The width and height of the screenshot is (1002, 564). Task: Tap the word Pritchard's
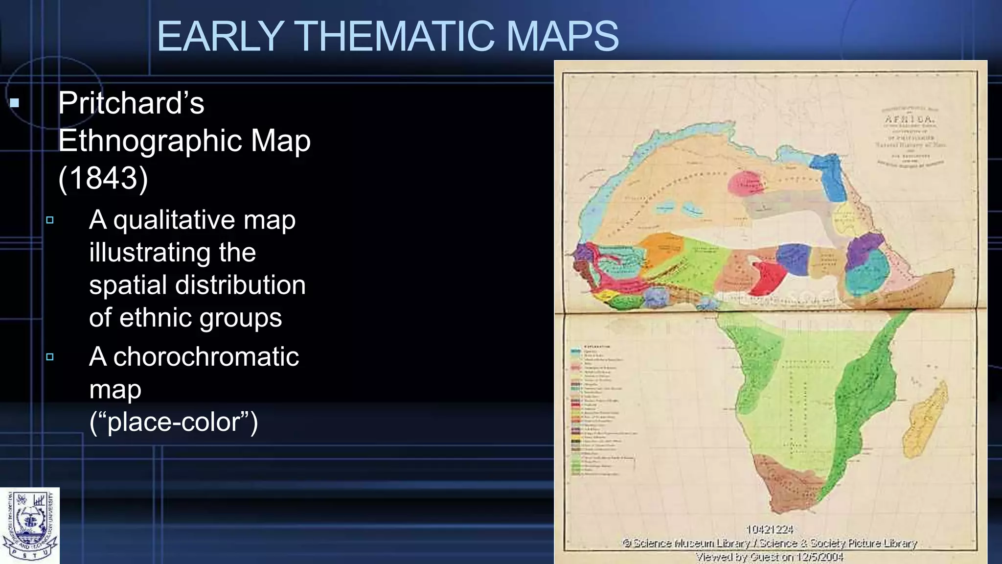(131, 103)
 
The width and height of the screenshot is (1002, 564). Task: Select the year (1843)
(103, 178)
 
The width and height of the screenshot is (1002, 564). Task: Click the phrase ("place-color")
(174, 422)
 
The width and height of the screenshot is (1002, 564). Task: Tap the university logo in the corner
(30, 525)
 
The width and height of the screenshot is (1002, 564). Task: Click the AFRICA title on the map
(910, 119)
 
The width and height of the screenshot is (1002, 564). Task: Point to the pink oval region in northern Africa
(745, 183)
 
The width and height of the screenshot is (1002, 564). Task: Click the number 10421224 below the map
(769, 530)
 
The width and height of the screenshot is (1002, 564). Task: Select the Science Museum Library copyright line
(770, 543)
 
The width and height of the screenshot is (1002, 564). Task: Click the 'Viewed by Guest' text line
(770, 557)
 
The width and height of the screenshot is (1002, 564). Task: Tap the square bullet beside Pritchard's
(15, 103)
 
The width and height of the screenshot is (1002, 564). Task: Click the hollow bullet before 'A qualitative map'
(50, 220)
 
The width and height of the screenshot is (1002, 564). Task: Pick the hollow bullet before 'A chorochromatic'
(50, 357)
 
